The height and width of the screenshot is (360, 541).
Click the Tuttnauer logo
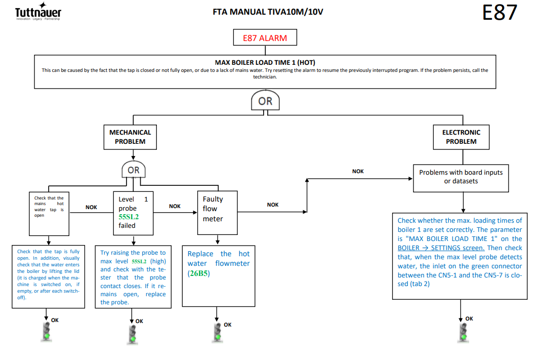tap(38, 11)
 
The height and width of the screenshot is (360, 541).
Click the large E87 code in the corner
tap(500, 13)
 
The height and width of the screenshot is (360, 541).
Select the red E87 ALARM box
tap(265, 37)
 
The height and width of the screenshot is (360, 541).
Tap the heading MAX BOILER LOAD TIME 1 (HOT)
tap(265, 62)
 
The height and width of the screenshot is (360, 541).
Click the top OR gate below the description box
tap(265, 100)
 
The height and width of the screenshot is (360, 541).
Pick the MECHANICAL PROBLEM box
tap(130, 137)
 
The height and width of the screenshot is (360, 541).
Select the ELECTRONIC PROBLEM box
tap(461, 137)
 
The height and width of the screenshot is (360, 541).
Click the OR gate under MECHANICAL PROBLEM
tap(134, 170)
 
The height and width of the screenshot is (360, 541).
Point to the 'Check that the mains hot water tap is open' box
tap(49, 214)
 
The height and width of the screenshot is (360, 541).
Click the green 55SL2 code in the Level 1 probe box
tap(129, 217)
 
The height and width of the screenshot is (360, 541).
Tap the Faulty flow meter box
tap(218, 213)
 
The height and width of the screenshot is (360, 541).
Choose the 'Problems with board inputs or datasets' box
tap(461, 178)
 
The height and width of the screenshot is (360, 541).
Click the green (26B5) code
tap(199, 273)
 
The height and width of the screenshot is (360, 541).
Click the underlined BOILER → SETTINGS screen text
tap(441, 248)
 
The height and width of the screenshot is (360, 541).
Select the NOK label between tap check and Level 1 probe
tap(91, 207)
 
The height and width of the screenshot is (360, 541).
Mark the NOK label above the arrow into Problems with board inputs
tap(358, 171)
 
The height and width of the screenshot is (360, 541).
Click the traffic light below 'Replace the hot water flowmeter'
tap(218, 333)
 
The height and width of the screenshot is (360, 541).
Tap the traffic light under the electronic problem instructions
tap(464, 333)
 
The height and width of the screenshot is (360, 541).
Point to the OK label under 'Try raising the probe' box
tap(139, 321)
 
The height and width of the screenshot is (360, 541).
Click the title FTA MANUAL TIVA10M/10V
tap(268, 12)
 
